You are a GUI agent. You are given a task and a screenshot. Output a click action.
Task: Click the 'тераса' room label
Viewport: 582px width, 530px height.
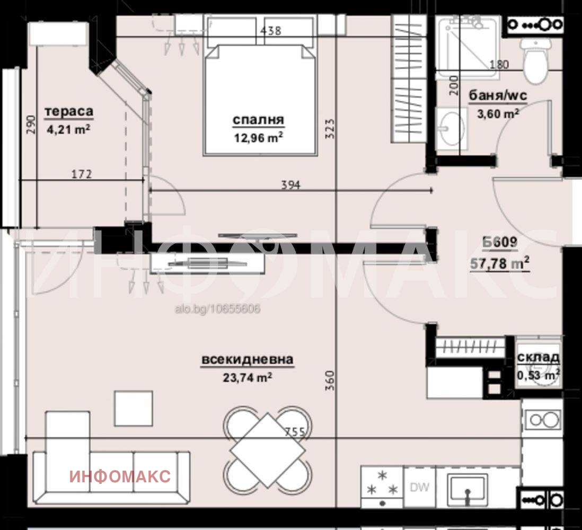(x=69, y=112)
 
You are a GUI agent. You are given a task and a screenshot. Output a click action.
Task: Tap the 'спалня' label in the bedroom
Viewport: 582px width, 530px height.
(x=258, y=120)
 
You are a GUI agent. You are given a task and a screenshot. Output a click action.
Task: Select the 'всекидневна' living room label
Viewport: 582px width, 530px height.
(x=248, y=360)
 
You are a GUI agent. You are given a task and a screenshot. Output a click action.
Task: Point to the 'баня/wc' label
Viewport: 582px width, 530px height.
(x=498, y=95)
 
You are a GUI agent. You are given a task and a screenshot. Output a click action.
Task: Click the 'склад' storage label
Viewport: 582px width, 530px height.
(x=538, y=357)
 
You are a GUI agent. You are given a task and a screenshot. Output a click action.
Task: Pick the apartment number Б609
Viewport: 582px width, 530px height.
(x=500, y=242)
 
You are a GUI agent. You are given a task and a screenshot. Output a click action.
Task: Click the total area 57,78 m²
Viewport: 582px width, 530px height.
(x=500, y=263)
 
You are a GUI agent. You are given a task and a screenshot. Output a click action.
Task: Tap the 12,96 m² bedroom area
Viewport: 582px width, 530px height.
(x=258, y=137)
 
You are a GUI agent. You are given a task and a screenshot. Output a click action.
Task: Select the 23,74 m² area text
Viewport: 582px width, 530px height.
(x=248, y=377)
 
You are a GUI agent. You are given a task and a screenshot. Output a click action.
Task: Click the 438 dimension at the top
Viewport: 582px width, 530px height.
(x=270, y=30)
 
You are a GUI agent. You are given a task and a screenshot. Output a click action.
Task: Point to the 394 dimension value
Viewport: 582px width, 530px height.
(x=290, y=184)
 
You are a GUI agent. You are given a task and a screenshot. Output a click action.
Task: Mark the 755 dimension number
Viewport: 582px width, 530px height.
(x=295, y=431)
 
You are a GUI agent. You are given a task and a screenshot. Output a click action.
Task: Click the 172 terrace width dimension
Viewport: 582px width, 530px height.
(x=81, y=174)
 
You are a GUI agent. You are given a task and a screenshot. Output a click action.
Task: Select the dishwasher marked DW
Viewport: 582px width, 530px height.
(x=419, y=487)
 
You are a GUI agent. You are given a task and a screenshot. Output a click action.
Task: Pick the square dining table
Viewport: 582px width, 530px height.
(x=268, y=450)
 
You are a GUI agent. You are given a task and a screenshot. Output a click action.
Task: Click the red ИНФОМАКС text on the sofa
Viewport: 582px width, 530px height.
(x=120, y=476)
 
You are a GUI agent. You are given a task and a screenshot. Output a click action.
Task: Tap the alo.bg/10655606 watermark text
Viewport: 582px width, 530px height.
(x=217, y=308)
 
